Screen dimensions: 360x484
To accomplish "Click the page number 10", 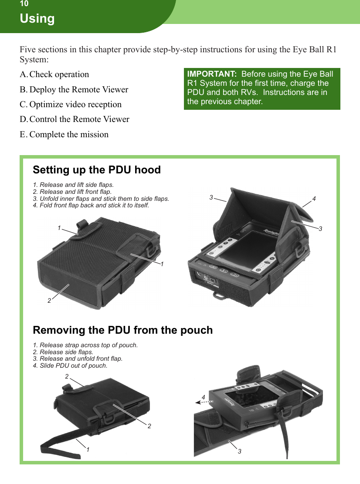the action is click(x=24, y=4).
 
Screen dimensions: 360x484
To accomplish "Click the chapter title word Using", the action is click(x=37, y=19).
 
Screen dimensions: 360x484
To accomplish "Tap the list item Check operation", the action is click(x=59, y=74).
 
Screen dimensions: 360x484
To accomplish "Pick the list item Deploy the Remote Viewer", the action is click(x=78, y=90).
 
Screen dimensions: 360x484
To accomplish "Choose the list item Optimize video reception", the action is click(x=75, y=105).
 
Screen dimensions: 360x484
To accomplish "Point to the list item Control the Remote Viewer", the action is click(x=79, y=119).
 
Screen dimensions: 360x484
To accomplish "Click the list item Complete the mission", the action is click(x=69, y=135).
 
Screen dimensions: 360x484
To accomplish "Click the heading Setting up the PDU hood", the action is click(x=97, y=170).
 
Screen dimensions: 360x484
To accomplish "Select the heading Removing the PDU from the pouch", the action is click(x=123, y=330).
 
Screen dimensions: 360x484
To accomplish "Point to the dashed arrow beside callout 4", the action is click(x=204, y=402).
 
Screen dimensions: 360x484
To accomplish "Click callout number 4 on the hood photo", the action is click(x=314, y=199).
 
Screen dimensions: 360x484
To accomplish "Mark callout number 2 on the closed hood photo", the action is click(x=49, y=300).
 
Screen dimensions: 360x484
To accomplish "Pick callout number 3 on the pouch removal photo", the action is click(x=239, y=452).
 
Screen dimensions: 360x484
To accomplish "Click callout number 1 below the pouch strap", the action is click(x=88, y=449).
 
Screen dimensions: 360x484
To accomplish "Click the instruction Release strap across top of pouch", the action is click(x=85, y=345).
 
